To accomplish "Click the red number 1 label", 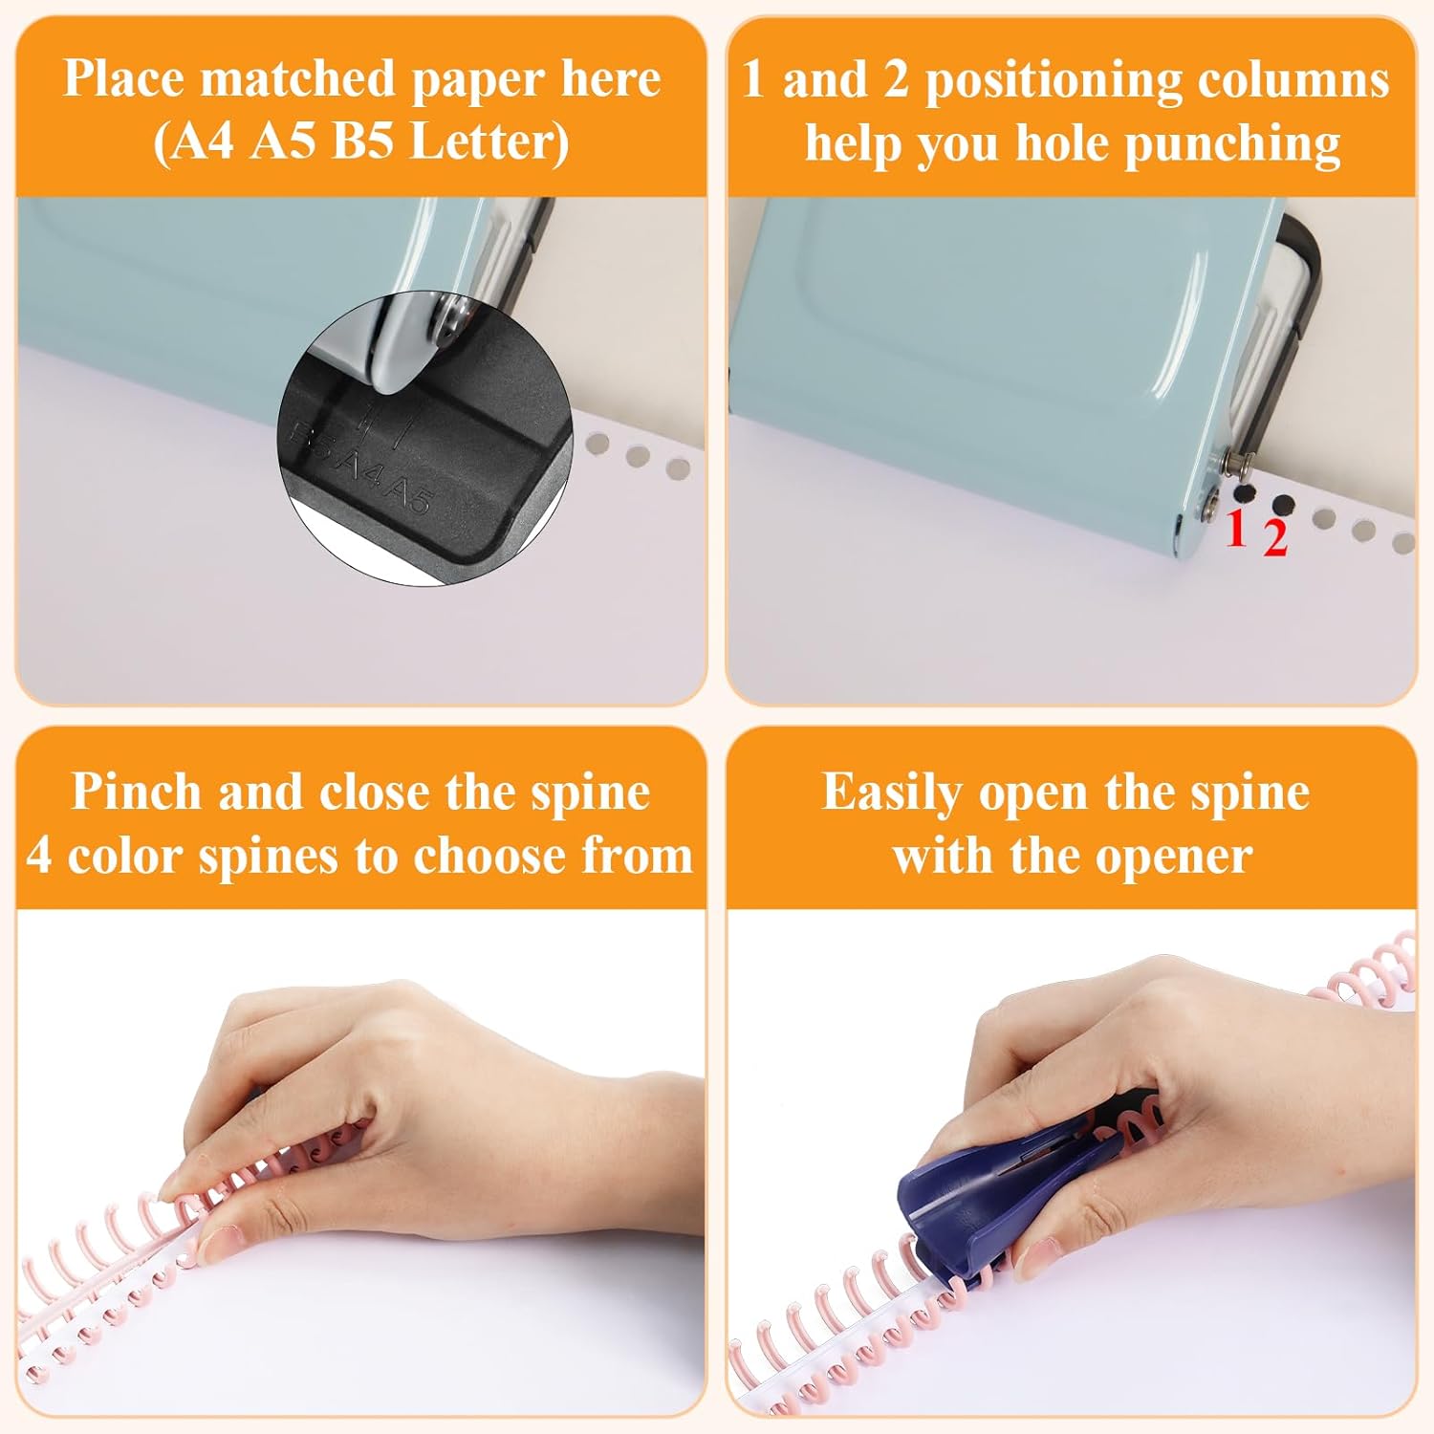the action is tap(1236, 528).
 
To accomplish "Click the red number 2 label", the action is tap(1274, 538).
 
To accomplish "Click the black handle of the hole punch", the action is tap(1298, 315).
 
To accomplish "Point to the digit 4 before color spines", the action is tap(40, 857).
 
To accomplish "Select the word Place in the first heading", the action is tap(124, 78).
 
